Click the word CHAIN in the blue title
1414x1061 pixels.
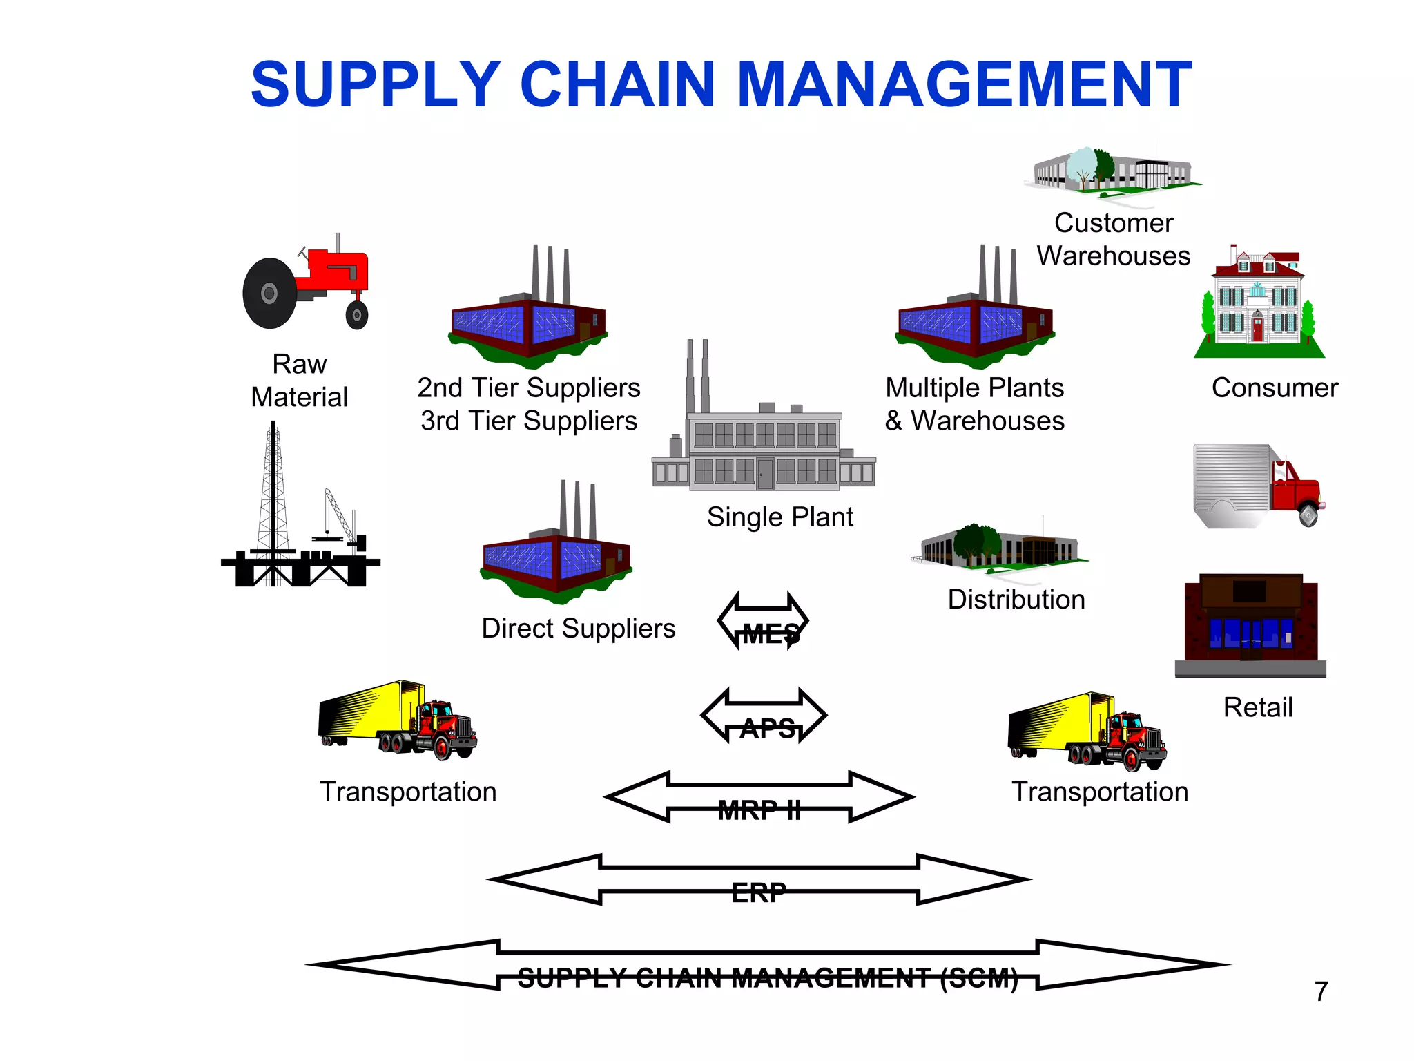(617, 84)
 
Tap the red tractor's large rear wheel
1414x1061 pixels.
(270, 294)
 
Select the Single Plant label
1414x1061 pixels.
(779, 517)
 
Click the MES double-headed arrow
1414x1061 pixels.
(763, 620)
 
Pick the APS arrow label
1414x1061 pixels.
(767, 728)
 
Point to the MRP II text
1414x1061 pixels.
(759, 810)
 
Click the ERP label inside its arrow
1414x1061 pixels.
(758, 892)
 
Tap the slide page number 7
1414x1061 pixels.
(1321, 991)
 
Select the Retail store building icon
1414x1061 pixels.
(1250, 625)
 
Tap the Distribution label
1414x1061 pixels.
(1016, 599)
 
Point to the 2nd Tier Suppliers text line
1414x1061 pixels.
(528, 388)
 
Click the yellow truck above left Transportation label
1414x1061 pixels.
(397, 720)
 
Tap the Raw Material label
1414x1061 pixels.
(299, 380)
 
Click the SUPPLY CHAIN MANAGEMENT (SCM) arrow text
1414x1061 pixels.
(767, 977)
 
